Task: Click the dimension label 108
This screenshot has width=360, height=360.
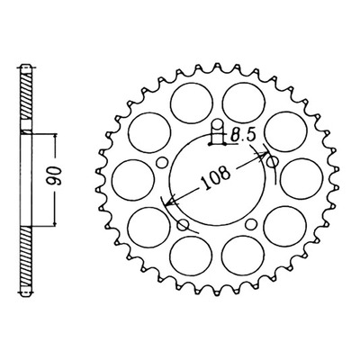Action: pos(215,178)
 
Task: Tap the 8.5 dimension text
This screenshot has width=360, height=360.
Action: pos(242,136)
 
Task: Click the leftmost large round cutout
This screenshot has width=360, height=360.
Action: pos(133,179)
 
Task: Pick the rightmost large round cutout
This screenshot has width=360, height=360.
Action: pos(301,179)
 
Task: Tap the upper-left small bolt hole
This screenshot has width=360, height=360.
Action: pos(162,163)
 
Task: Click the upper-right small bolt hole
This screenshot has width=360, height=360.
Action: pos(273,162)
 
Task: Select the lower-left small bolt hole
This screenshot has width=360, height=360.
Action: pos(183,225)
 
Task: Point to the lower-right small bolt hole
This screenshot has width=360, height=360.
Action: pos(251,224)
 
